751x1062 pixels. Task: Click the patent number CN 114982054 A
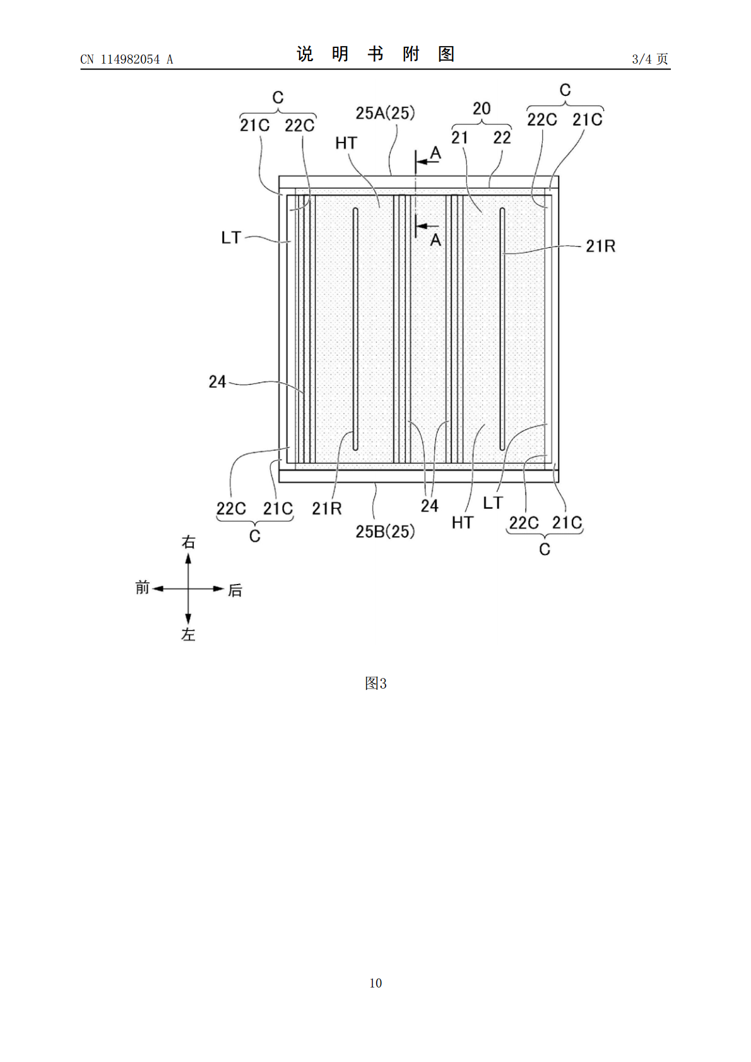point(127,59)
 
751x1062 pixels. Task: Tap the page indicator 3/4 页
point(650,59)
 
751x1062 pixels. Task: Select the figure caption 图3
point(375,683)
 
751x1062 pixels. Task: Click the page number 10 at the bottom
point(375,983)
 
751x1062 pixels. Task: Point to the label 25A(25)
point(385,113)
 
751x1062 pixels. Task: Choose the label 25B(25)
point(385,532)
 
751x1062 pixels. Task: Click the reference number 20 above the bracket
point(482,108)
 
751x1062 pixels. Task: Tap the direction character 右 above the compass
point(188,542)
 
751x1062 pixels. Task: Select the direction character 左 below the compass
point(188,634)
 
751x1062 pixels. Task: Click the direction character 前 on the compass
point(143,588)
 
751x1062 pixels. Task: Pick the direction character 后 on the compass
point(235,590)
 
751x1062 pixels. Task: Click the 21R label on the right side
point(601,246)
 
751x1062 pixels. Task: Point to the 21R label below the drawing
point(327,508)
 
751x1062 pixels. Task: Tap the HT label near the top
point(346,143)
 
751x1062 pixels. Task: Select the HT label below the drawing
point(463,522)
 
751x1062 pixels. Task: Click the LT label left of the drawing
point(231,238)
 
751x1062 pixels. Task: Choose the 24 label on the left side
point(217,382)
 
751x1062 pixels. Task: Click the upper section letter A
point(435,153)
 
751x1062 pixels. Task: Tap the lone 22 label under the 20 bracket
point(502,137)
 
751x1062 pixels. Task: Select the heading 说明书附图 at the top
point(375,54)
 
